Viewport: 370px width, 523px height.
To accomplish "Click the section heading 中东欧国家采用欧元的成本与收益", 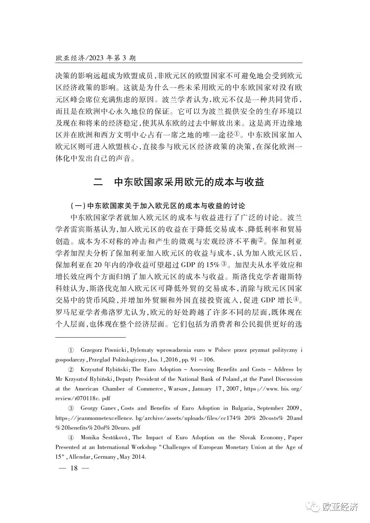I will tap(189, 182).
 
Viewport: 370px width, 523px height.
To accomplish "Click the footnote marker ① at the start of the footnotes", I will tap(71, 350).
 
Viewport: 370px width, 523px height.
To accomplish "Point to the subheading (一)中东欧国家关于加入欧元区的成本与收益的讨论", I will tap(158, 206).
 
